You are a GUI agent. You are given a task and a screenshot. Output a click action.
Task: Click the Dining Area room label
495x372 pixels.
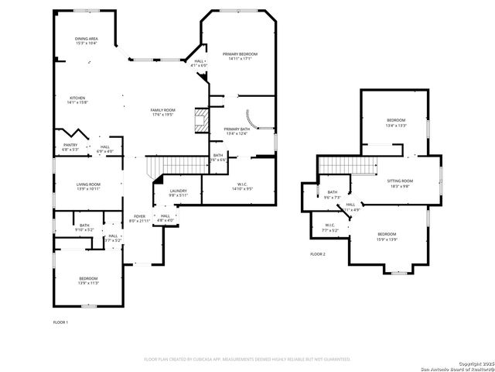coord(86,40)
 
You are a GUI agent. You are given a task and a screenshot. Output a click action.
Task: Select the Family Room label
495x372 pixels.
coord(162,112)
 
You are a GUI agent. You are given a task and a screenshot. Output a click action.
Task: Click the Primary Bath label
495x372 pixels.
coord(237,131)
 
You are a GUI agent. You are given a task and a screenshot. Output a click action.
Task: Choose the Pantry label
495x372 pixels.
coord(70,146)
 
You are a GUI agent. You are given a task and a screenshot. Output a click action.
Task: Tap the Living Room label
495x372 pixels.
coord(88,186)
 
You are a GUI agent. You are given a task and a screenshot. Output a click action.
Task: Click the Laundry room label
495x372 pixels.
coord(179,192)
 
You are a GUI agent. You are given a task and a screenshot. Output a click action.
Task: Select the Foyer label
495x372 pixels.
coord(139,219)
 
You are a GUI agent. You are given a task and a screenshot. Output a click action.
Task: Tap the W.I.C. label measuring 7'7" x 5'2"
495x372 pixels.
coord(331,228)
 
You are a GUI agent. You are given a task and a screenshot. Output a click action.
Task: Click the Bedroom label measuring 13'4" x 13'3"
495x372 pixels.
coord(396,122)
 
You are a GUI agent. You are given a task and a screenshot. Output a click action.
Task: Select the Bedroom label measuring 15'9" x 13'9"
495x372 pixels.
coord(387,236)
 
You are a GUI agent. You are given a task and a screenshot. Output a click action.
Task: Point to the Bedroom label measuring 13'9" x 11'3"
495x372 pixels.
coord(88,281)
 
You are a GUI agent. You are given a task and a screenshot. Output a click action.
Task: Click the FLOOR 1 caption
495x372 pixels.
coord(60,322)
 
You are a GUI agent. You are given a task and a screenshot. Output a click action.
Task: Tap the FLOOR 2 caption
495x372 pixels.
coord(318,254)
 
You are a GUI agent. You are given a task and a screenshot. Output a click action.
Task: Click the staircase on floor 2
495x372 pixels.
coord(346,165)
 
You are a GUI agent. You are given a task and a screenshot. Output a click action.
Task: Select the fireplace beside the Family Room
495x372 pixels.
coord(201,120)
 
